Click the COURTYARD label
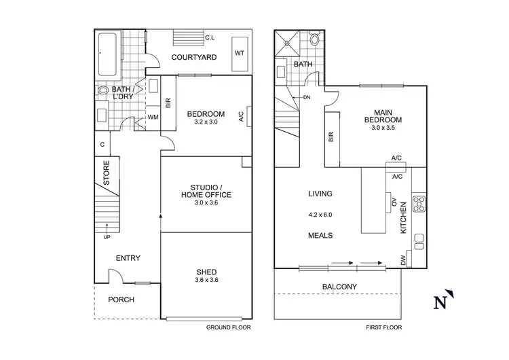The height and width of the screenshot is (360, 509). pos(194,58)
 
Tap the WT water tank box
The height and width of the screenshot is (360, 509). pos(240,52)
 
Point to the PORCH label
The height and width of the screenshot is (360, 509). pos(121,300)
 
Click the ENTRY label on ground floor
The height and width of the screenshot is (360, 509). pos(128,257)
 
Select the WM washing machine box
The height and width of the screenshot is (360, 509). pos(153,118)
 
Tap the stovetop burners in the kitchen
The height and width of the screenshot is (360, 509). pos(418,204)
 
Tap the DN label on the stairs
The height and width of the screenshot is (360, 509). pos(306,97)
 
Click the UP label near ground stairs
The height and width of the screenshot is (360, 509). pos(107,237)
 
